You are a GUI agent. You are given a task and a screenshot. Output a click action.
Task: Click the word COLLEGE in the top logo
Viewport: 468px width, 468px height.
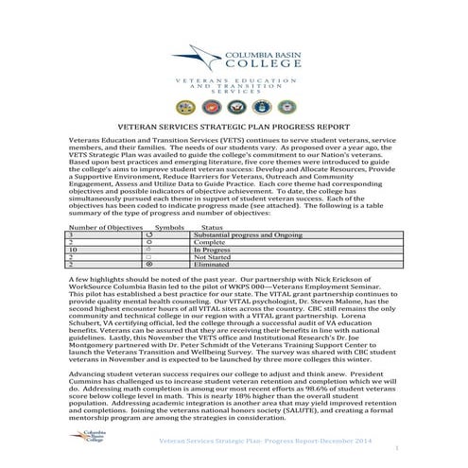click(x=257, y=66)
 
